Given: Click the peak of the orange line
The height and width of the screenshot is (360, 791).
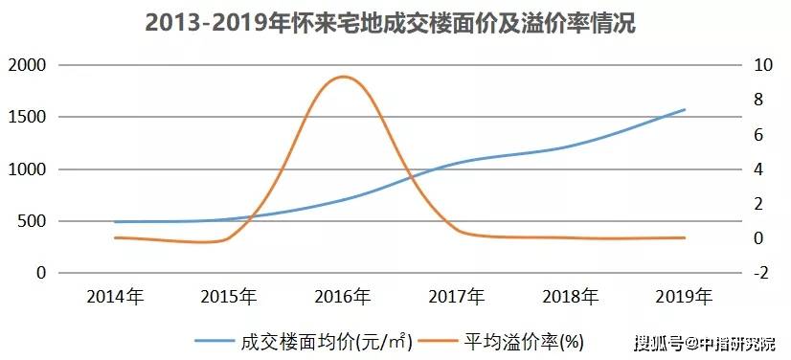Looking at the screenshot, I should (x=342, y=77).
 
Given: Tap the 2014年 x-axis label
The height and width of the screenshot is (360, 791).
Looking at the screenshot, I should (x=115, y=296).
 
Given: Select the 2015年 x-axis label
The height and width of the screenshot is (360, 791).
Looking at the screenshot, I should (x=229, y=296).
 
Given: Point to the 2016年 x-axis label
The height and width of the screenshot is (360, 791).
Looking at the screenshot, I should (x=343, y=296).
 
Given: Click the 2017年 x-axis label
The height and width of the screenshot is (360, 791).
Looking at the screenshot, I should (x=457, y=296).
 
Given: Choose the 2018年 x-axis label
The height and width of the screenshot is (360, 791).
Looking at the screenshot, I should (x=571, y=296).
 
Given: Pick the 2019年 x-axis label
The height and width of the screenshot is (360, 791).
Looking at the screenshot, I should (x=685, y=296).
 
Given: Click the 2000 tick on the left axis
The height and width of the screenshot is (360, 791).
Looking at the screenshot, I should (x=26, y=65).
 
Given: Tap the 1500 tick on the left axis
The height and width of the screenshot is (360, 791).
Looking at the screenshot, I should (x=26, y=117).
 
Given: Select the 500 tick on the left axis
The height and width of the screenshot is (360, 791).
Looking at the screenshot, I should (x=31, y=221).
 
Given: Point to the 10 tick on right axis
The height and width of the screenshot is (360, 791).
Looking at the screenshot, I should (x=763, y=65).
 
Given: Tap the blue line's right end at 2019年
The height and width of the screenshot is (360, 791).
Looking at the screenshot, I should (x=685, y=109).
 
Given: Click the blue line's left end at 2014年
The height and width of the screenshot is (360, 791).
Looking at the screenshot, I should (x=115, y=222).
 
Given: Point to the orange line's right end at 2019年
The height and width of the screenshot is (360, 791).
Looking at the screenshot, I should (x=685, y=237).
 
